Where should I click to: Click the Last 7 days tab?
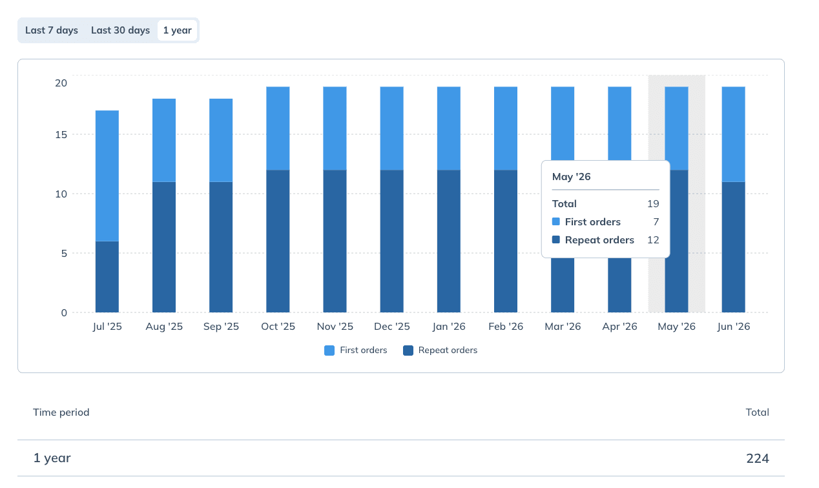(x=52, y=30)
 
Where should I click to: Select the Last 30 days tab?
(x=120, y=30)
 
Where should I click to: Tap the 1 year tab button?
(x=178, y=30)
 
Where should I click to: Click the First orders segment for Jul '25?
(x=107, y=176)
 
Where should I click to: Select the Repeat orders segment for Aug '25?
(x=164, y=247)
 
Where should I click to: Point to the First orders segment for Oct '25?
(x=278, y=128)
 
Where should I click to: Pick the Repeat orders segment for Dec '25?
(x=392, y=241)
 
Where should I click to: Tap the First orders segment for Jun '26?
(x=734, y=134)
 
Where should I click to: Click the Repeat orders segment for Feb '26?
(x=506, y=241)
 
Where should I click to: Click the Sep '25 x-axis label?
(x=221, y=326)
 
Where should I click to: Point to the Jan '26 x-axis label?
(x=449, y=326)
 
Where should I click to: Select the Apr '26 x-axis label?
(x=619, y=326)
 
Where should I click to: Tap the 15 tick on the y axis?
(x=61, y=135)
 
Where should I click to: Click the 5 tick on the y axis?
(x=65, y=254)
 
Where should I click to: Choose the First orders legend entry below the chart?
(x=355, y=351)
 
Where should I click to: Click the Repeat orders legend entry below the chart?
(x=441, y=351)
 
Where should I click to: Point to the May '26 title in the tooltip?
(x=571, y=177)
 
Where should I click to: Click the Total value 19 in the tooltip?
(x=653, y=204)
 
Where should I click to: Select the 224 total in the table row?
(x=758, y=458)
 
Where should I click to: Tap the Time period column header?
(x=61, y=412)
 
